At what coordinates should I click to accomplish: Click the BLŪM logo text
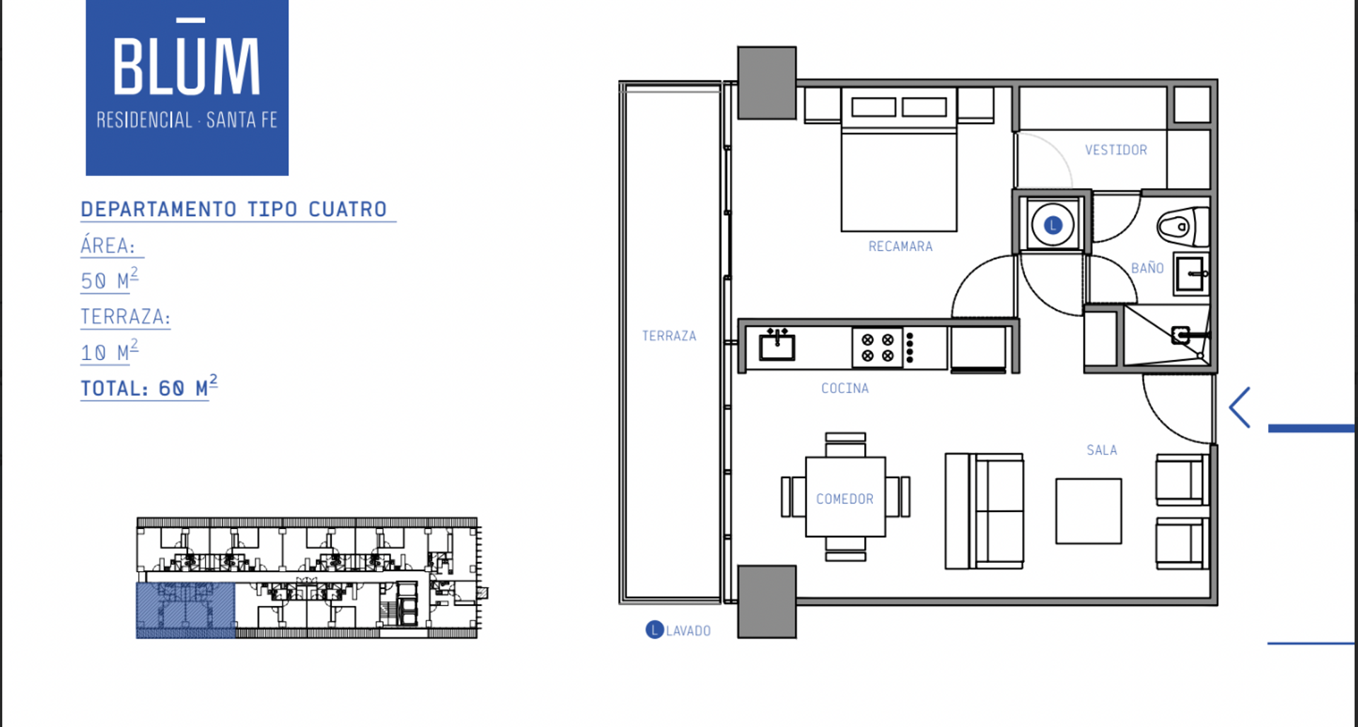[x=187, y=59]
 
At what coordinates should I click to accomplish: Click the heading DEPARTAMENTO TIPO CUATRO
[x=234, y=209]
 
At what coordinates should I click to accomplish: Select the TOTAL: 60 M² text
[x=149, y=387]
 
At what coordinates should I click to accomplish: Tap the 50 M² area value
[x=110, y=279]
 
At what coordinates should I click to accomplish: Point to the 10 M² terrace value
[x=110, y=351]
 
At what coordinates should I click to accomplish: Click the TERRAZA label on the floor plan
[x=669, y=336]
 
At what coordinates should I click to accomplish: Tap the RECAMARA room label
[x=900, y=246]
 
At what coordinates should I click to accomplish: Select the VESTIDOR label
[x=1116, y=150]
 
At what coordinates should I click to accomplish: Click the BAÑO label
[x=1147, y=267]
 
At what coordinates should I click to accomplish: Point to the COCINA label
[x=845, y=388]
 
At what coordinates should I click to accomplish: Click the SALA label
[x=1102, y=450]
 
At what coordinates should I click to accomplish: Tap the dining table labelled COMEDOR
[x=845, y=497]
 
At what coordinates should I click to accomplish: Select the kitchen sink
[x=777, y=344]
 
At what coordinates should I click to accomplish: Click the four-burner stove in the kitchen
[x=877, y=348]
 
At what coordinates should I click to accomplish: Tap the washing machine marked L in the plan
[x=1052, y=225]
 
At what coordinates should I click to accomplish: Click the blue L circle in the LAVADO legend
[x=655, y=629]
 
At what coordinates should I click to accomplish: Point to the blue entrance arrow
[x=1240, y=407]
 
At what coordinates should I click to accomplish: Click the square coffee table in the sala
[x=1089, y=511]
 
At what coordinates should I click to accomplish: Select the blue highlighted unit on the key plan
[x=185, y=610]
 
